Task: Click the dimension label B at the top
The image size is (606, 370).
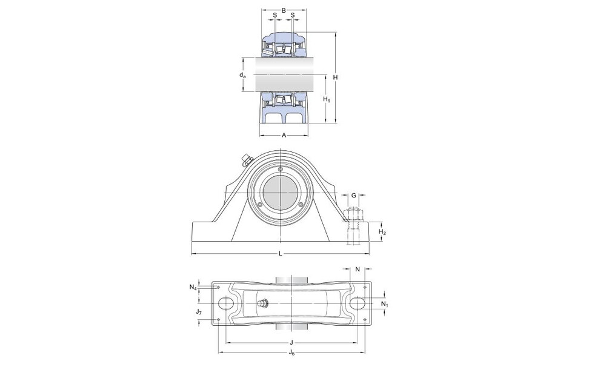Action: tap(284, 10)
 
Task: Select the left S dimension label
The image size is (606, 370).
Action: tap(275, 15)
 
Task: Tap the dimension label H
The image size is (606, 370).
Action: tap(336, 78)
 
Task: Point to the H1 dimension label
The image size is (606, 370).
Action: tap(327, 100)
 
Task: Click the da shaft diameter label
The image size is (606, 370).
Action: tap(242, 75)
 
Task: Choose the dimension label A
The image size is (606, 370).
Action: tap(284, 135)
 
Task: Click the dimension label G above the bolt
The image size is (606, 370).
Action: tap(354, 196)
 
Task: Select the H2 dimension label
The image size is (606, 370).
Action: tap(382, 232)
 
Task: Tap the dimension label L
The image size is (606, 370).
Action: tap(281, 254)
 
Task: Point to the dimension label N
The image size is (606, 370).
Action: tap(358, 269)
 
